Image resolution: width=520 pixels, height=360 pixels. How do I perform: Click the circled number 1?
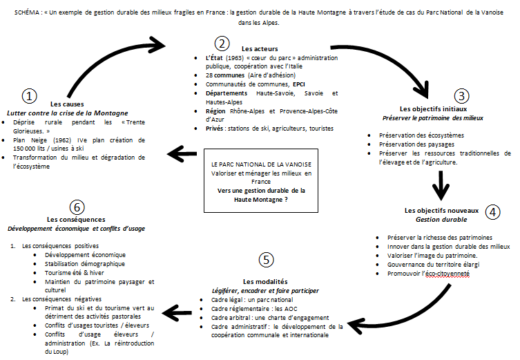tap(29, 96)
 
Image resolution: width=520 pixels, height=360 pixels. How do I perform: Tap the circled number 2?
tap(222, 44)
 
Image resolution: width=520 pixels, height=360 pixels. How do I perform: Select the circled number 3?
tap(461, 96)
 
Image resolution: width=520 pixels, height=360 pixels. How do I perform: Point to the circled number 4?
tap(492, 212)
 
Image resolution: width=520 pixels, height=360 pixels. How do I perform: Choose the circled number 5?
tap(266, 260)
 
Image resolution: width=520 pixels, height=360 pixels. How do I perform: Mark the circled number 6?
tap(77, 207)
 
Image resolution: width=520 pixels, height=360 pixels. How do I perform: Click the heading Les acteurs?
tap(260, 49)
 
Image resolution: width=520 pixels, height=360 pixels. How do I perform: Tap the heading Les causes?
tap(67, 104)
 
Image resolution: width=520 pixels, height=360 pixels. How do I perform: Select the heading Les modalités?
tap(265, 282)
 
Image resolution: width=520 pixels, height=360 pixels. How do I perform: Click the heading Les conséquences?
tap(76, 219)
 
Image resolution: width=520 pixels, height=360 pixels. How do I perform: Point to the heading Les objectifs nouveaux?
tap(441, 210)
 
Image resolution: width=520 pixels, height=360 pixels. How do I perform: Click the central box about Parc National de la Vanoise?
tap(261, 181)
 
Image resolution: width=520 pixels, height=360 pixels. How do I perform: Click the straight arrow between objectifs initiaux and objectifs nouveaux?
tap(441, 185)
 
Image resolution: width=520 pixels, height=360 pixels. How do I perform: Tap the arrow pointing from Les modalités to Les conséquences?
tap(177, 312)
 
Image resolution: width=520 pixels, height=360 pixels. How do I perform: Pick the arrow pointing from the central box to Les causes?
tap(182, 153)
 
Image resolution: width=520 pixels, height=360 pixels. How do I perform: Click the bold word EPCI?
tap(299, 84)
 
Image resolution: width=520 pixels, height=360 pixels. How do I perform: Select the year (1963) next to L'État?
tap(235, 58)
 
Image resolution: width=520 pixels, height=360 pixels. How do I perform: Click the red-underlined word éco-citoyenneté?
tap(447, 274)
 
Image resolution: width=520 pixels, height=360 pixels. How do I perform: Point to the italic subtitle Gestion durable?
tap(441, 220)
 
